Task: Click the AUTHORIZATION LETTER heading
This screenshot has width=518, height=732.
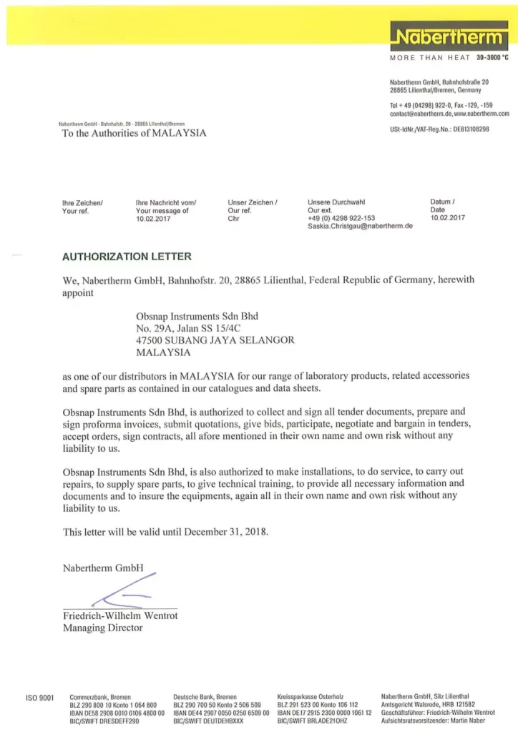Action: click(127, 256)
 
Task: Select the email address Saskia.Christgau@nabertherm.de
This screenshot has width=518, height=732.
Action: click(361, 226)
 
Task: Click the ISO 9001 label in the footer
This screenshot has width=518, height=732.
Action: click(39, 698)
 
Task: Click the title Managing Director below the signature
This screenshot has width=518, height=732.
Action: click(103, 628)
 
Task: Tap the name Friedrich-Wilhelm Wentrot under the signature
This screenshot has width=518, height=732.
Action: click(120, 615)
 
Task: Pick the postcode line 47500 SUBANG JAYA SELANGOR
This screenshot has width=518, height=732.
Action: click(215, 340)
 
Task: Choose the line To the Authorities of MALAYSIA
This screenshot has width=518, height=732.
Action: click(135, 134)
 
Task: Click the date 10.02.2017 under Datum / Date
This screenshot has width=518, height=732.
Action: click(447, 218)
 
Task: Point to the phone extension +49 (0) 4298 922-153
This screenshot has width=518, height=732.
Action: click(341, 218)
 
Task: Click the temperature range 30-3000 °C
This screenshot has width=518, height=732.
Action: click(492, 57)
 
